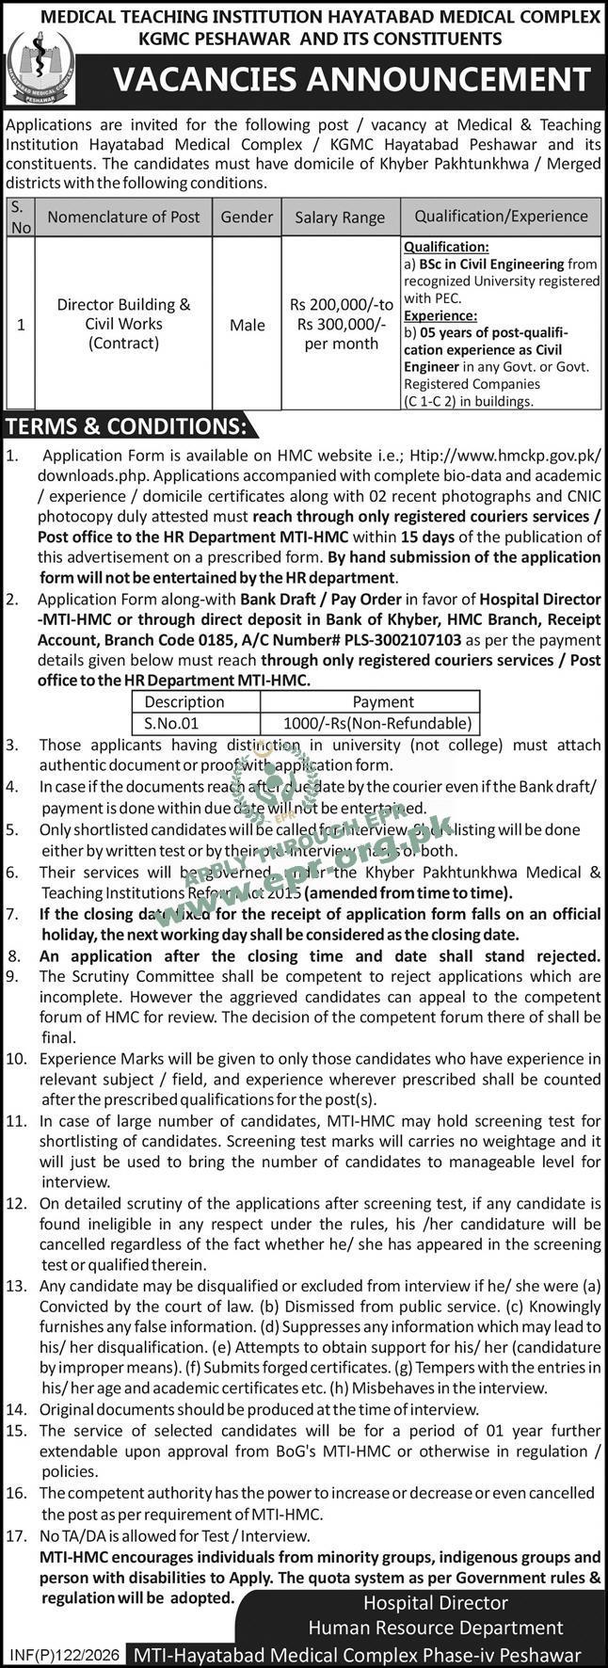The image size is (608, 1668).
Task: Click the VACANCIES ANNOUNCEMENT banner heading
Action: point(353,81)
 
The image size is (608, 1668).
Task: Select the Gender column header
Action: point(247,217)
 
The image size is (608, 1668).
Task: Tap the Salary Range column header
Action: point(340,217)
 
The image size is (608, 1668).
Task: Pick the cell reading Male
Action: point(247,325)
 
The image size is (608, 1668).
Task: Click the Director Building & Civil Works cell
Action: point(123,324)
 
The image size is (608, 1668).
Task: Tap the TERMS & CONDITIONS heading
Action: point(126,426)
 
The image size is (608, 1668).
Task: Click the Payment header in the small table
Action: point(382,701)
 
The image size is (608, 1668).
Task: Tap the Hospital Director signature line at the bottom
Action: point(436,1602)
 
